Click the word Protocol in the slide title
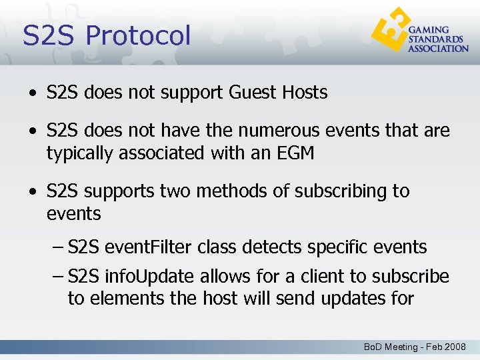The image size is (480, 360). tap(138, 35)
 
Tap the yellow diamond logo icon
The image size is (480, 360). tap(389, 33)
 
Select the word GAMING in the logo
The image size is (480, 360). tap(428, 31)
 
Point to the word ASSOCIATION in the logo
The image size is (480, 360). tap(438, 49)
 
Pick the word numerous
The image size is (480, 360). tap(264, 131)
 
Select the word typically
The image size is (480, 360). tap(80, 153)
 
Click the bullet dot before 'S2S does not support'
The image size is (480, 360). tap(32, 93)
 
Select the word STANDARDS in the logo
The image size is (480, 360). tap(434, 39)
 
